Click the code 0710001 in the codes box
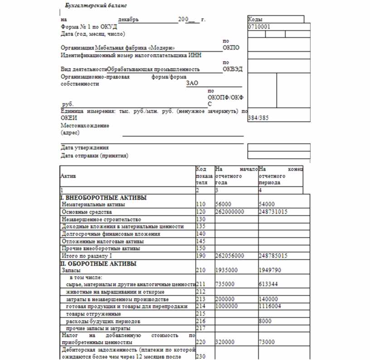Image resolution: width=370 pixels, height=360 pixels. tap(259, 27)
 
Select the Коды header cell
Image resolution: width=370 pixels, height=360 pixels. tap(256, 19)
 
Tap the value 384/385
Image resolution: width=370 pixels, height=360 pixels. tap(258, 117)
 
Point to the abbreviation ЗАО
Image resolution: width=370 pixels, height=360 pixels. tap(192, 83)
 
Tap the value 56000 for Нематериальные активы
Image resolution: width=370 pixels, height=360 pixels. tap(224, 204)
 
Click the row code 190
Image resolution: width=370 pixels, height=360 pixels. tap(200, 256)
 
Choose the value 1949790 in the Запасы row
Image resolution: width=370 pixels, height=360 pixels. tap(270, 270)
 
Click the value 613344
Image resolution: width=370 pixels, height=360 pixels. tap(268, 284)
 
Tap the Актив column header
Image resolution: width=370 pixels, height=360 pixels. tap(69, 175)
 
